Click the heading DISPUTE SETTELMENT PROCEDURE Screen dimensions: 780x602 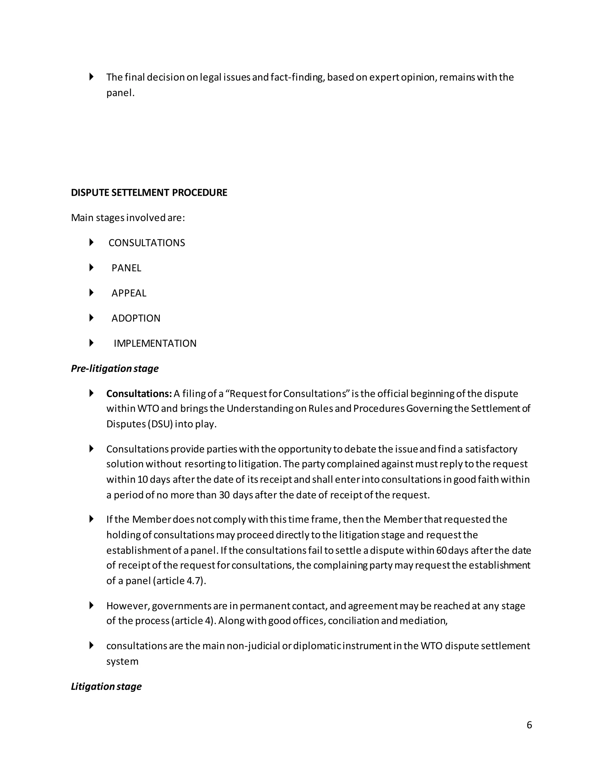pyautogui.click(x=149, y=193)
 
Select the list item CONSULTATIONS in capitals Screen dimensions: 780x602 pyautogui.click(x=147, y=243)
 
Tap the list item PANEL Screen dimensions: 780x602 pyautogui.click(x=126, y=268)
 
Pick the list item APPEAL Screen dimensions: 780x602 pyautogui.click(x=129, y=293)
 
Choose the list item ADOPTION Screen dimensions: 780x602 pyautogui.click(x=136, y=318)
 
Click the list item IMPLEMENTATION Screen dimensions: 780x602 pyautogui.click(x=155, y=343)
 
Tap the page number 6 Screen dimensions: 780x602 pyautogui.click(x=529, y=725)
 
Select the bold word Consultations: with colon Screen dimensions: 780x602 pyautogui.click(x=139, y=394)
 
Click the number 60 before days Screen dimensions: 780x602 pyautogui.click(x=441, y=550)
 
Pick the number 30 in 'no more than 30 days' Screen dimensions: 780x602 pyautogui.click(x=224, y=495)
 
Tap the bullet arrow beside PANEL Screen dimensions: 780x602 pyautogui.click(x=91, y=268)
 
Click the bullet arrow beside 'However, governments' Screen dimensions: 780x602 pyautogui.click(x=91, y=605)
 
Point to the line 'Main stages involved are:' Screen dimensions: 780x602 pyautogui.click(x=128, y=218)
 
